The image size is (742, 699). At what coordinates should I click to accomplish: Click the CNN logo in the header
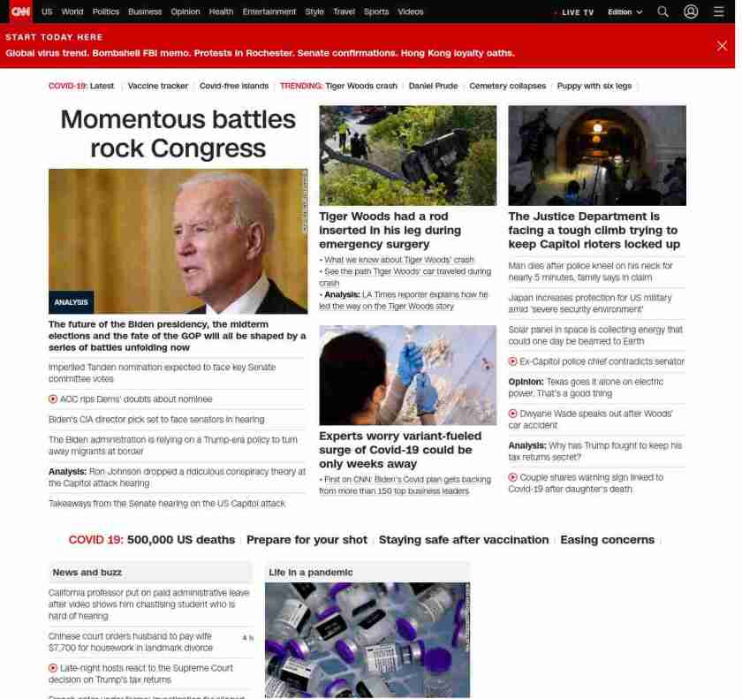(x=19, y=11)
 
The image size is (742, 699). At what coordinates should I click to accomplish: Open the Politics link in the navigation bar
(x=105, y=11)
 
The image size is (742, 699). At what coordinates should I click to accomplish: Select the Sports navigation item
(x=375, y=11)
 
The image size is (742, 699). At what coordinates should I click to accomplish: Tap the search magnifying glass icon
(x=662, y=11)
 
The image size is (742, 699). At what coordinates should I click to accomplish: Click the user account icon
(x=691, y=11)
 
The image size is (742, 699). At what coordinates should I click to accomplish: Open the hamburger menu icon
(x=719, y=11)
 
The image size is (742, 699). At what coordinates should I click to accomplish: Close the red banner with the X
(x=722, y=46)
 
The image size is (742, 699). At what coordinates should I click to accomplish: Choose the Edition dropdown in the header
(x=625, y=12)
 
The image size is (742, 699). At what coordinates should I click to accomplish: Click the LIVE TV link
(x=577, y=12)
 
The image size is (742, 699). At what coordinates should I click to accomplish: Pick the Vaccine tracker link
(x=158, y=86)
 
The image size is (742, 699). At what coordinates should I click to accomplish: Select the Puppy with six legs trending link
(x=594, y=86)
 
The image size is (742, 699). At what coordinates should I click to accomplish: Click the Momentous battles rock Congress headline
(x=178, y=133)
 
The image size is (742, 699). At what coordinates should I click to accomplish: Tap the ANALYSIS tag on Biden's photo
(x=71, y=302)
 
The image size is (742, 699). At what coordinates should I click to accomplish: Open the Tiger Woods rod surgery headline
(x=390, y=230)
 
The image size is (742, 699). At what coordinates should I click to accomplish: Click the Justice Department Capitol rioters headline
(x=594, y=230)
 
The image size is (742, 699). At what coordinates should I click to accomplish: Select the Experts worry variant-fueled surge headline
(x=400, y=450)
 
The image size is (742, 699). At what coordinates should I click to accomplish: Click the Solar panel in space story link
(x=594, y=335)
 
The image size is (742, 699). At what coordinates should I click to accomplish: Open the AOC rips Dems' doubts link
(x=136, y=399)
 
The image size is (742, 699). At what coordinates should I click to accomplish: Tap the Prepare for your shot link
(x=307, y=540)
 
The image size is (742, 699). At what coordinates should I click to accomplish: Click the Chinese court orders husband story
(x=130, y=642)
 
